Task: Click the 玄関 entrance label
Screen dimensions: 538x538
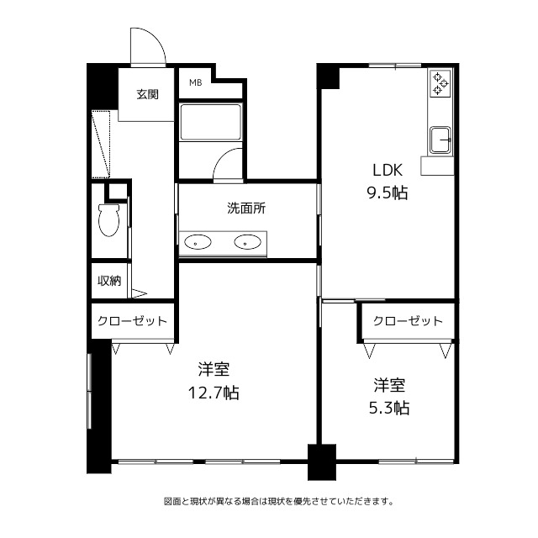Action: (x=148, y=94)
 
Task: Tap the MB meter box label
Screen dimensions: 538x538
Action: (x=196, y=82)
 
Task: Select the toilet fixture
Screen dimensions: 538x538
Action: (x=108, y=220)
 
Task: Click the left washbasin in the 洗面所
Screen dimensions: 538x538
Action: (x=198, y=242)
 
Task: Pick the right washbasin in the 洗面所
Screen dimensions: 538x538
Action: (x=247, y=242)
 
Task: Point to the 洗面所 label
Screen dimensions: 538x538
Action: (x=246, y=208)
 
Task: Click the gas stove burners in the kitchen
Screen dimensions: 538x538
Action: (x=440, y=83)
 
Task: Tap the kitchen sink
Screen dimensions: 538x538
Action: (x=440, y=140)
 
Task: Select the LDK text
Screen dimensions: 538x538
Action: (x=388, y=170)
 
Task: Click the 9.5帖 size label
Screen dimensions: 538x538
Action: (x=388, y=193)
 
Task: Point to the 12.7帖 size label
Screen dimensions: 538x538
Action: (x=213, y=393)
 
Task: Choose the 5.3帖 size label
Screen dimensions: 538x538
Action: (x=389, y=409)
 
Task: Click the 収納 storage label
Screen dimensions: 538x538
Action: (x=109, y=281)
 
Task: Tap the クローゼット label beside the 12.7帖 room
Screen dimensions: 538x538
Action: (x=132, y=321)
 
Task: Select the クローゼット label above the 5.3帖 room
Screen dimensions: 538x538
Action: (x=408, y=321)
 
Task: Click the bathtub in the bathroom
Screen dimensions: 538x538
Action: (x=211, y=123)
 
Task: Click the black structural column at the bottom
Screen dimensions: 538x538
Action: (x=321, y=462)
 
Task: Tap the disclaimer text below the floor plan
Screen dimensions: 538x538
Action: (x=279, y=501)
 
